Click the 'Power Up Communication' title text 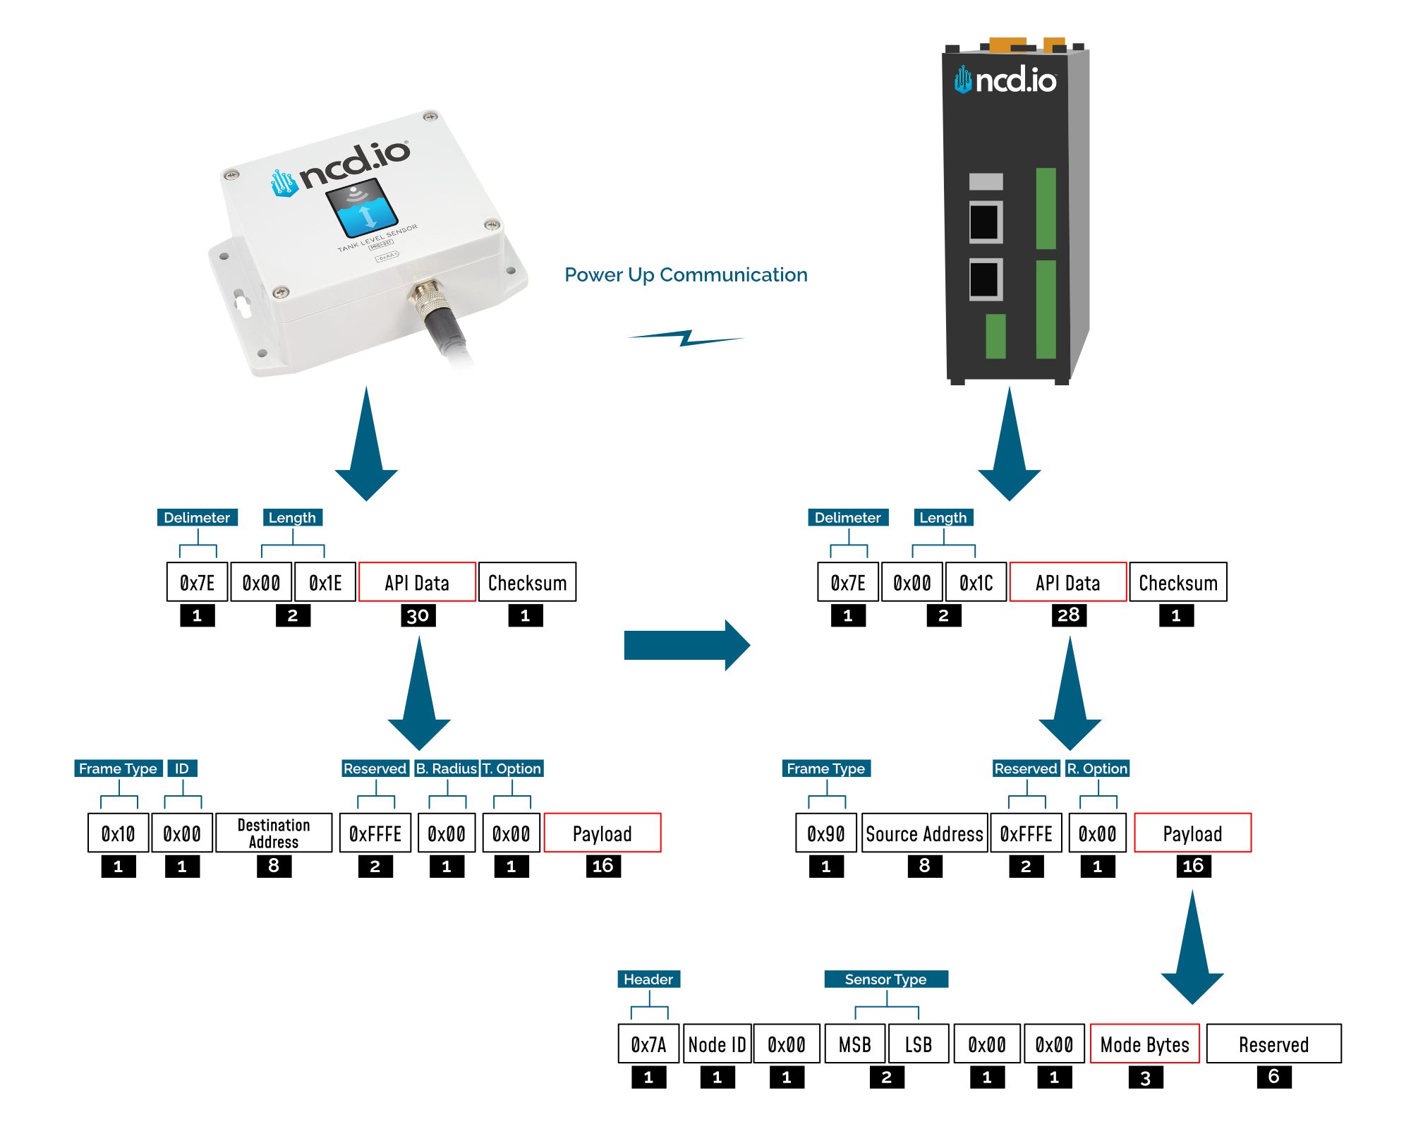coord(686,274)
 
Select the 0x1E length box coord(325,582)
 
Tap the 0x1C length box coord(976,582)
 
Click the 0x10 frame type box coord(118,833)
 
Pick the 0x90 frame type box coord(826,833)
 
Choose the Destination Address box coord(274,833)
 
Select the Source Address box coord(924,833)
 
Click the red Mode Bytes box coord(1144,1044)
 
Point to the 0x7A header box coord(648,1044)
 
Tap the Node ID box coord(717,1044)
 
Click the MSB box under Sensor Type coord(855,1044)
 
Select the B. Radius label coord(446,768)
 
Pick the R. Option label coord(1097,768)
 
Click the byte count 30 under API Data coord(418,615)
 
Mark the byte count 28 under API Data coord(1069,615)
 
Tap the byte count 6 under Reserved coord(1274,1077)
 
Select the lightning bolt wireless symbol coord(686,338)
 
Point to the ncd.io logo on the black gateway coord(1005,80)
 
